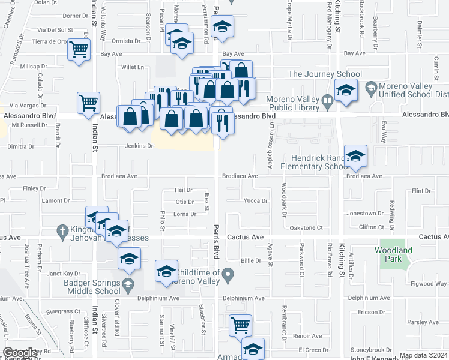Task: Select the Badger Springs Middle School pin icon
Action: coord(127,283)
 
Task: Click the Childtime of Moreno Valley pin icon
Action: coord(228,276)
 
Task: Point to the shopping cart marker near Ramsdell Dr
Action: coord(79,50)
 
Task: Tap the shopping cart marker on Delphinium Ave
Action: coord(240,325)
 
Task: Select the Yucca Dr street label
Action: coord(255,201)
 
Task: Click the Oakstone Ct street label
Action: coord(306,227)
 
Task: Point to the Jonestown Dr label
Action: coord(365,213)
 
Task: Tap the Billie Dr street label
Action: coord(251,260)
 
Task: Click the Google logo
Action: coord(20,353)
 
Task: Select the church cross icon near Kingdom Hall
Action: coord(62,230)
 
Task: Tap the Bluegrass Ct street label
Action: coord(63,311)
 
